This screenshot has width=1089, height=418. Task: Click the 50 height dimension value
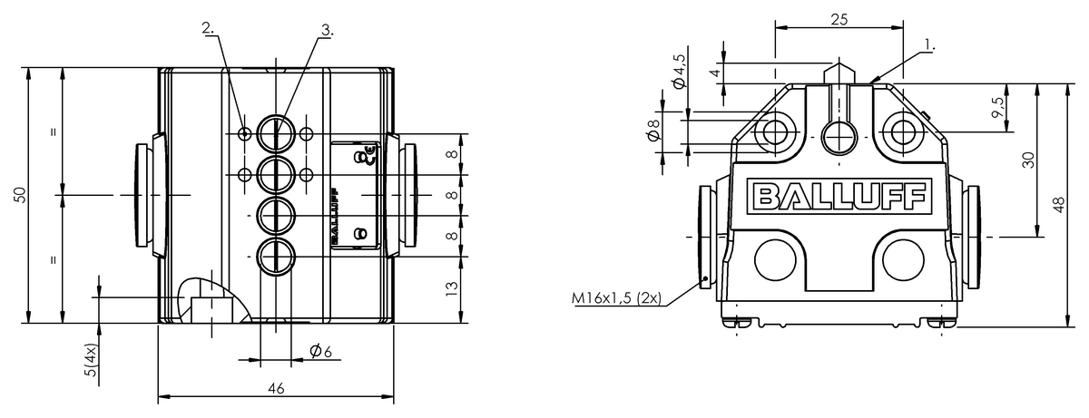20,194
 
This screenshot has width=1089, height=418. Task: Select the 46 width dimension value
276,387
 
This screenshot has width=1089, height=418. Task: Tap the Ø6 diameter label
318,351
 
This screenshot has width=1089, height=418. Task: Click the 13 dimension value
452,290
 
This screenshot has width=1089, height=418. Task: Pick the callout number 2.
210,28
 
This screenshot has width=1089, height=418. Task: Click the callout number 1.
929,43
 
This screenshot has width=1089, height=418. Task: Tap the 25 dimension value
839,18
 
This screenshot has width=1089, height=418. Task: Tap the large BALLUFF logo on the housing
839,196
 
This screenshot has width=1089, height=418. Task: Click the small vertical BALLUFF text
335,215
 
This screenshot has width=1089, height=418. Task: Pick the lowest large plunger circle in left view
273,257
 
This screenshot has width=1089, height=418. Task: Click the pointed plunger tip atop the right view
839,69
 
